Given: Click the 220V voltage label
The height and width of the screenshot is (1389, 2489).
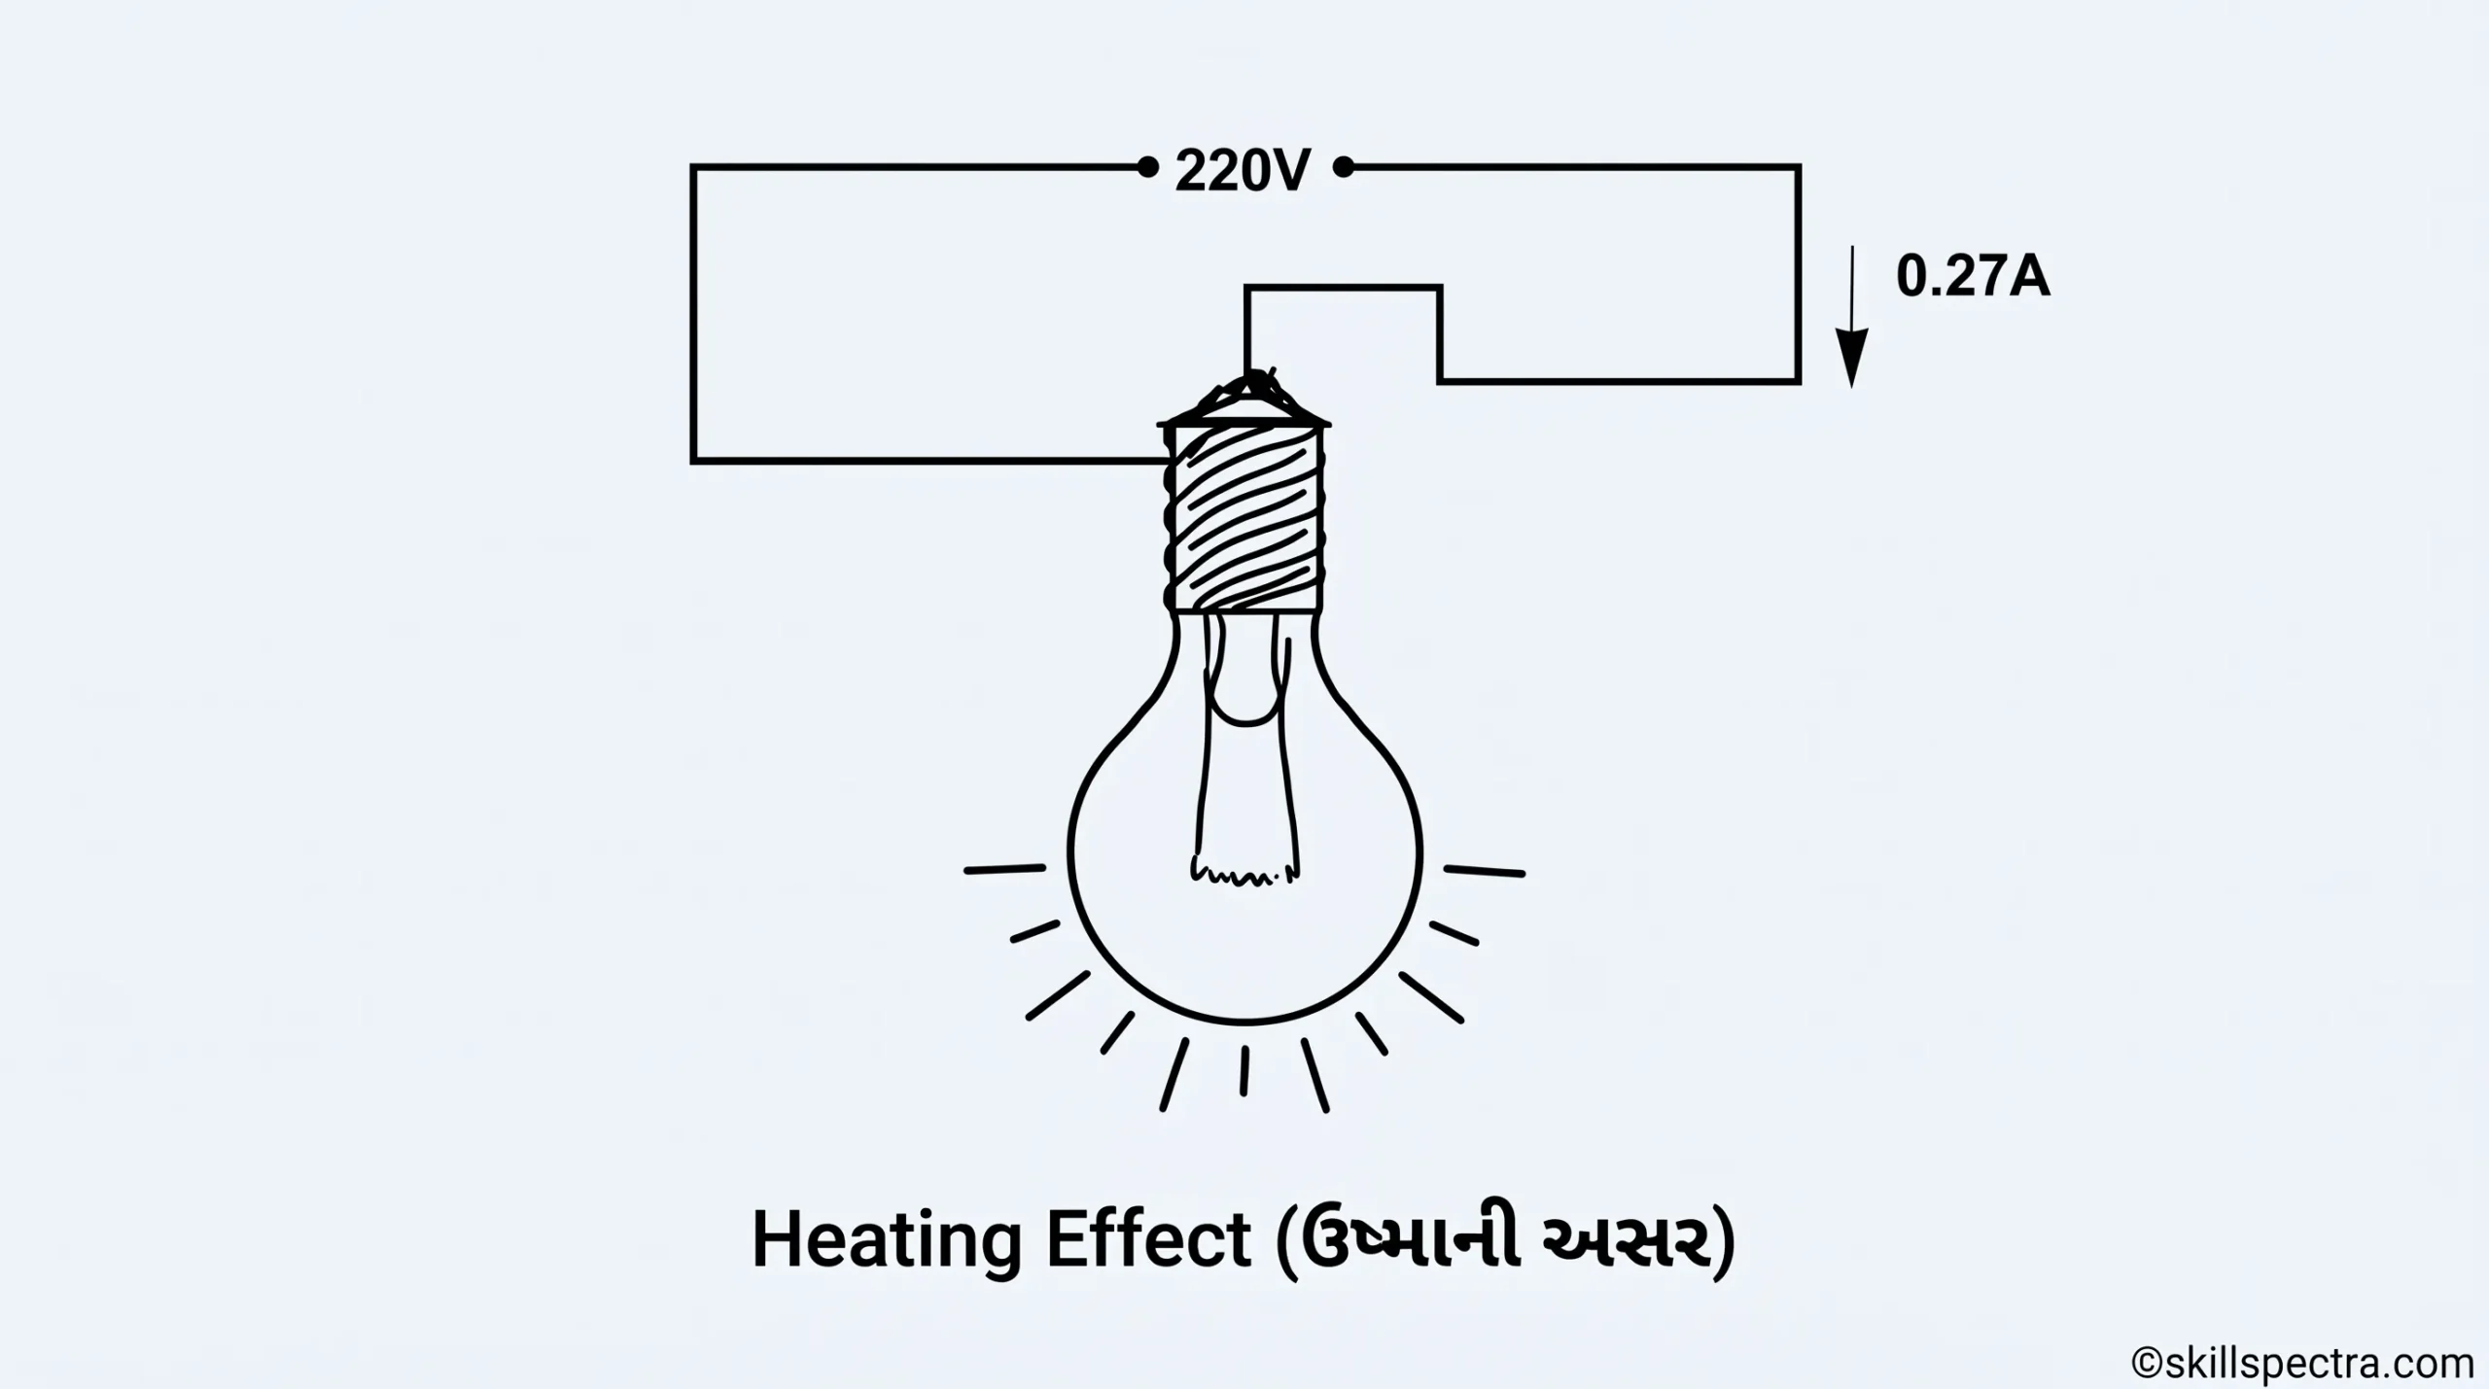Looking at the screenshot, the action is point(1244,171).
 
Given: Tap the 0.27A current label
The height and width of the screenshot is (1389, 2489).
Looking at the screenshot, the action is point(1973,278).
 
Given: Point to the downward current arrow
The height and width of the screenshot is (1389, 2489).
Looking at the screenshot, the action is point(1851,317).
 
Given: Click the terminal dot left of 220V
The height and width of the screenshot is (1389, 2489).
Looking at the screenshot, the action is point(1148,168).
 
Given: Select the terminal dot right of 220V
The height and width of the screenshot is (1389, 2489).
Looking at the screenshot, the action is point(1344,168).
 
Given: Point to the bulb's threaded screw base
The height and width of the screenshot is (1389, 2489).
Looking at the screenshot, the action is point(1245,518).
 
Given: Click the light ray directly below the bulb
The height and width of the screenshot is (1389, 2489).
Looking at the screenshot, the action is point(1244,1071).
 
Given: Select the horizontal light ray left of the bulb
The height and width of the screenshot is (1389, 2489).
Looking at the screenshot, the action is point(1005,869).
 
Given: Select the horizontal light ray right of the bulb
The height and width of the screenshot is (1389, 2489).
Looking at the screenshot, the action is point(1485,871).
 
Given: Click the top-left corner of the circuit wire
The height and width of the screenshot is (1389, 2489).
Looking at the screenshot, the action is point(693,168).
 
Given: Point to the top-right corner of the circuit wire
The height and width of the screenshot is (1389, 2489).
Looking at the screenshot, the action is point(1798,168).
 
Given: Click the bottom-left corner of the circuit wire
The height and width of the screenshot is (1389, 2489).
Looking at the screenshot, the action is point(693,461).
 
